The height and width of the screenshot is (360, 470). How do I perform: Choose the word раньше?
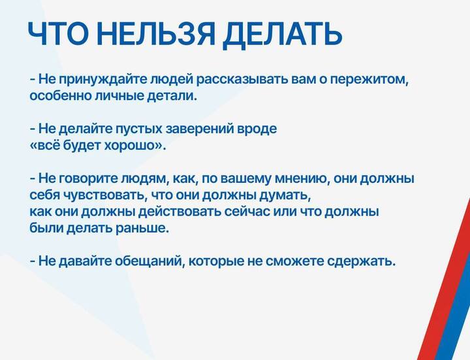click(140, 229)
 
